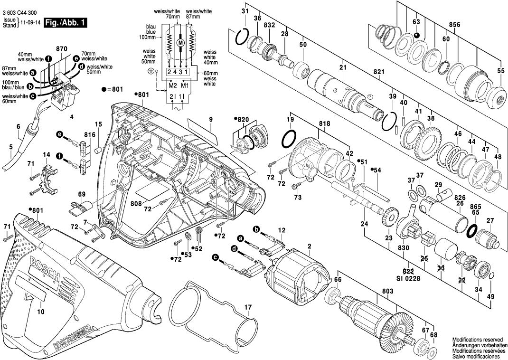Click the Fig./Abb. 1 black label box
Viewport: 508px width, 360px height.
tap(65, 23)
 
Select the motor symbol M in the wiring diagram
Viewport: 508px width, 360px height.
tap(180, 43)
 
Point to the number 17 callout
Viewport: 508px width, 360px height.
tap(247, 307)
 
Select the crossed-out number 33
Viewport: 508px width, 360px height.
tap(440, 269)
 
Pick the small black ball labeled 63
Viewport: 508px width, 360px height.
tap(416, 36)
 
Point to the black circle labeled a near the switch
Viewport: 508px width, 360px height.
tap(33, 73)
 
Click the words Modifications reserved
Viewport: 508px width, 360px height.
tap(477, 341)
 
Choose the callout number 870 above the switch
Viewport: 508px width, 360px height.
tap(62, 49)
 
